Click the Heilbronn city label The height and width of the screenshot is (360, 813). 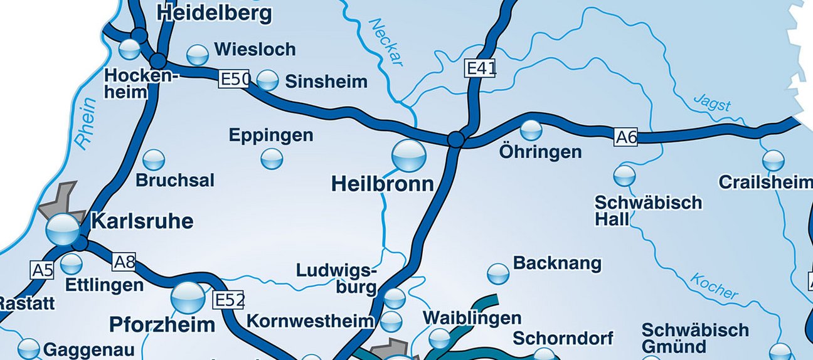tap(382, 184)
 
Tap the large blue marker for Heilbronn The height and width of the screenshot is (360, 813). tap(408, 156)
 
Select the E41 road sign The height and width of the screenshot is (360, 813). tap(481, 68)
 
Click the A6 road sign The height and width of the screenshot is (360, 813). tap(625, 137)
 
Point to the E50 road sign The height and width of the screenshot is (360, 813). tap(235, 79)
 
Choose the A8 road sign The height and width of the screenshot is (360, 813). tap(124, 262)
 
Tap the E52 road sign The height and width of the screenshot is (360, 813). tap(229, 300)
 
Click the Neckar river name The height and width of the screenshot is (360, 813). tap(386, 42)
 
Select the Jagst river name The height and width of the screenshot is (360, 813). tap(712, 102)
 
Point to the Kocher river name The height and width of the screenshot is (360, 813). tap(714, 286)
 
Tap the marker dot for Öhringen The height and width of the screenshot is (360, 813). tap(531, 130)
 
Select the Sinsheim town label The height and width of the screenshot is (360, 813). tap(326, 82)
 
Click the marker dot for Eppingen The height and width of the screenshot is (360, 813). tap(272, 159)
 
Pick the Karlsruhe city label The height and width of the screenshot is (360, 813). tap(142, 221)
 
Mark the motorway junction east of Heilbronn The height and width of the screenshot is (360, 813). tap(457, 139)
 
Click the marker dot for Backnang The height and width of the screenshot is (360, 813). tap(498, 273)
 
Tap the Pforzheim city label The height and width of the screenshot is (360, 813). tap(162, 325)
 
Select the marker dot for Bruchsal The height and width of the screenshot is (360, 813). tap(154, 160)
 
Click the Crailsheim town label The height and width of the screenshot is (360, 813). tap(765, 183)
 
